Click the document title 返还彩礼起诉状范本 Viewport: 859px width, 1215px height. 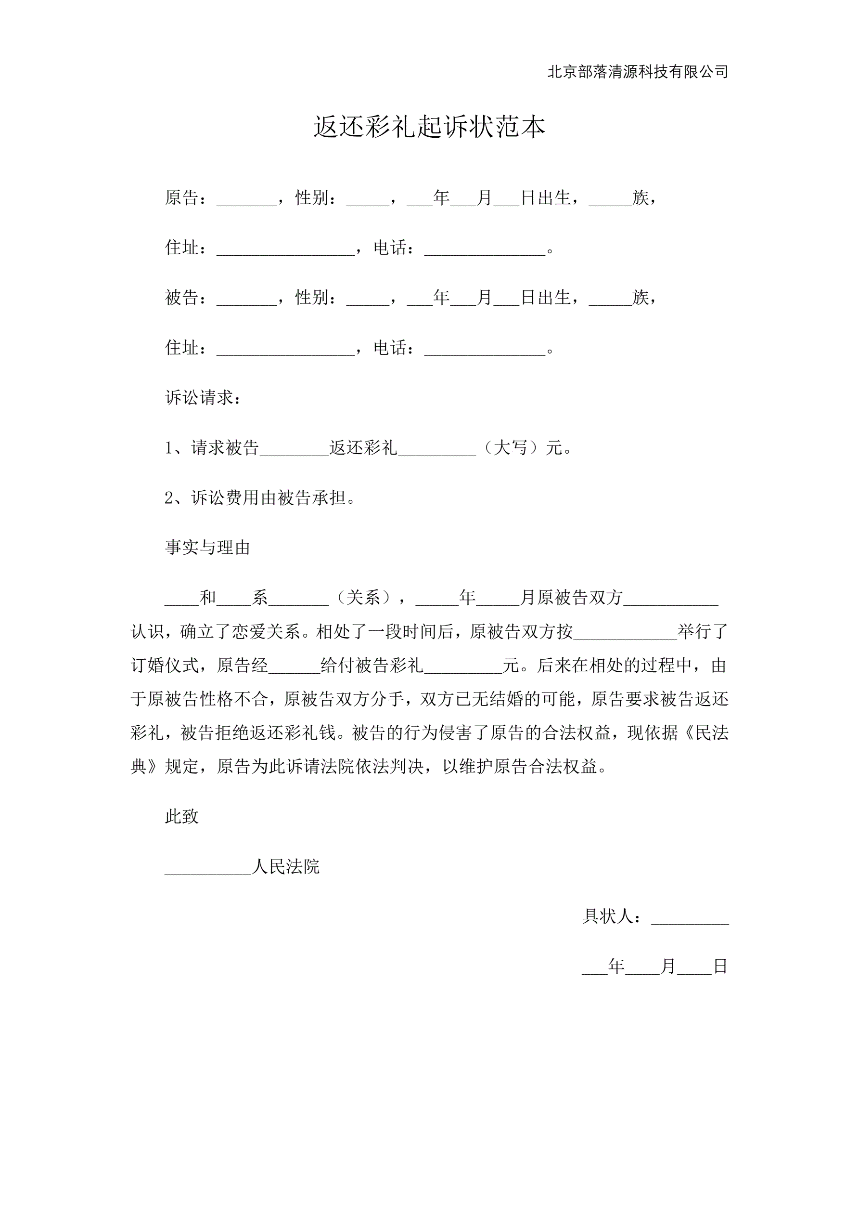tap(429, 127)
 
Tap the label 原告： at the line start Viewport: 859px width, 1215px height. tap(186, 198)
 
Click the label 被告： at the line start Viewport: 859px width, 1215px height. tap(186, 298)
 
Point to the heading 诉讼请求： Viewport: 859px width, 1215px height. tap(204, 397)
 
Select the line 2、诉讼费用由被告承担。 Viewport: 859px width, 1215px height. tap(260, 497)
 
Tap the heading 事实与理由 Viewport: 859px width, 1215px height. tap(207, 547)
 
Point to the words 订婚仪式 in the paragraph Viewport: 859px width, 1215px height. tap(165, 665)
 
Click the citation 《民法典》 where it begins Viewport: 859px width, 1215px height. tap(704, 733)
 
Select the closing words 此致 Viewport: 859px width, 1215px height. tap(181, 817)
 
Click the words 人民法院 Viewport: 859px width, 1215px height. tap(286, 866)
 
